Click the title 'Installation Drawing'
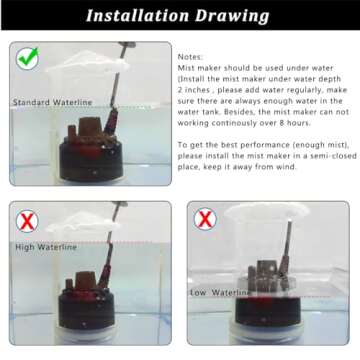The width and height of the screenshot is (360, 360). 179,16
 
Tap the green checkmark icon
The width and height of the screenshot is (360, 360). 27,59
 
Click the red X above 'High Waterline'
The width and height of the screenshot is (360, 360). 27,220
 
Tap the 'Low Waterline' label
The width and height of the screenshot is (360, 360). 221,293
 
